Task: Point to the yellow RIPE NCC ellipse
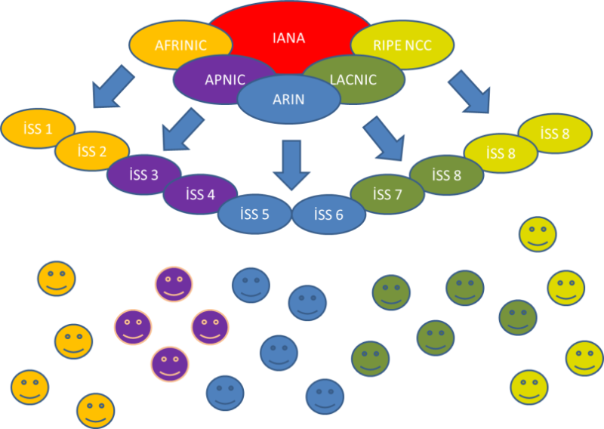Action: pyautogui.click(x=402, y=45)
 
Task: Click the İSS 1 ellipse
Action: pyautogui.click(x=38, y=128)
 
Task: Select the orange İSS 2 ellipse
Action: pyautogui.click(x=91, y=150)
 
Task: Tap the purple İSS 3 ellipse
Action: pyautogui.click(x=143, y=174)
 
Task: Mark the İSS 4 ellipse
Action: pyautogui.click(x=199, y=193)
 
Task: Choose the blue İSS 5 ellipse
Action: pyautogui.click(x=254, y=214)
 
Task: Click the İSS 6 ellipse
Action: pyautogui.click(x=328, y=214)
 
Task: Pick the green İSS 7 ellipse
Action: pyautogui.click(x=387, y=194)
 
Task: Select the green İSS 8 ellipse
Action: pyautogui.click(x=445, y=174)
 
